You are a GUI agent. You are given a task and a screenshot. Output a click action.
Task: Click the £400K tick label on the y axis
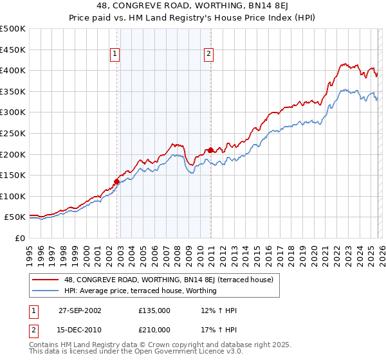pos(13,70)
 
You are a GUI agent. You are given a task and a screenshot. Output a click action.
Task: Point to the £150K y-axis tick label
pos(13,175)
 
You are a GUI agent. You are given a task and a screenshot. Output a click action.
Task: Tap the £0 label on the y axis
pos(20,238)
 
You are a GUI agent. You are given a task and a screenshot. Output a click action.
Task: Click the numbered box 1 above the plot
pos(115,55)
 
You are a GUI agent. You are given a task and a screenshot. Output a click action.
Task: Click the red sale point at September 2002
pos(117,181)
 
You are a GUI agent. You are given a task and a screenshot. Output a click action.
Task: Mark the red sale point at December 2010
pos(210,150)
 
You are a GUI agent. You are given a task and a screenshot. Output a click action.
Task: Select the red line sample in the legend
pos(46,280)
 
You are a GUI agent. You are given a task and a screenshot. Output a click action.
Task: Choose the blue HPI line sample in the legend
pos(46,291)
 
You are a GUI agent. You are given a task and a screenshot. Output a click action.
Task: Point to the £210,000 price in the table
pos(154,329)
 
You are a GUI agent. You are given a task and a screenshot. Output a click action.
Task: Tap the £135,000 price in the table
pos(154,310)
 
